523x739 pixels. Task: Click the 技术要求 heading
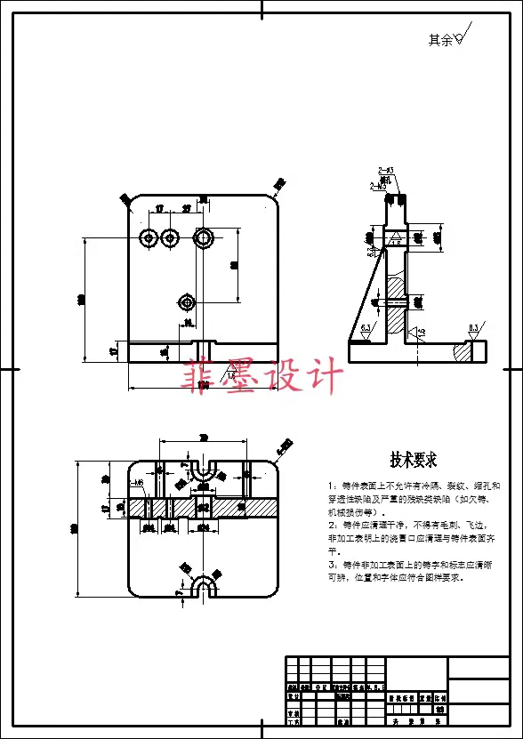click(x=413, y=460)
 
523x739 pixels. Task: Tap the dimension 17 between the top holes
click(x=159, y=209)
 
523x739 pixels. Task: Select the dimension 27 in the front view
click(x=187, y=209)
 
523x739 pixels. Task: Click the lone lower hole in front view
click(x=186, y=301)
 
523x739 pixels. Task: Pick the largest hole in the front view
click(x=204, y=237)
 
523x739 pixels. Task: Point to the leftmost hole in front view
click(x=149, y=237)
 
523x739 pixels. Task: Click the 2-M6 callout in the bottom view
click(x=136, y=483)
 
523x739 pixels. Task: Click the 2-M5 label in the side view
click(x=377, y=187)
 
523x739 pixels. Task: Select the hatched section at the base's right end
click(x=463, y=352)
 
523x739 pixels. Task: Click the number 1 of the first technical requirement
click(x=331, y=486)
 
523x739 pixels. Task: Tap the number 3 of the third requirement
click(x=331, y=565)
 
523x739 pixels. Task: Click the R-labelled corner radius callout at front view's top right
click(x=279, y=185)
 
